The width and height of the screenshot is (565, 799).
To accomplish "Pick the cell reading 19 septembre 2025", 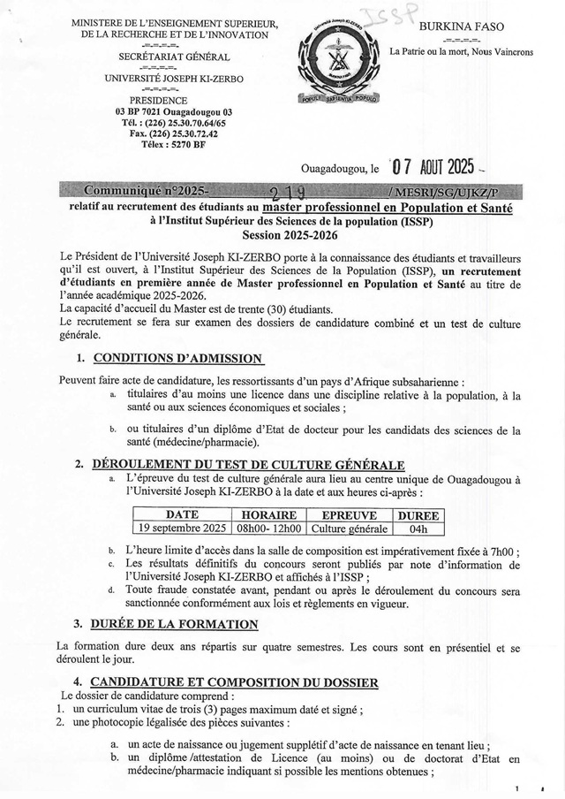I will tap(183, 529).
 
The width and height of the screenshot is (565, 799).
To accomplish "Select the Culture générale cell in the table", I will tap(350, 529).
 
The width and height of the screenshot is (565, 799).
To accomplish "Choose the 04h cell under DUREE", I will tap(418, 529).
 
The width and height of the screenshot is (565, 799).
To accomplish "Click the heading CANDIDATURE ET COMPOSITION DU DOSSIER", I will tap(235, 682).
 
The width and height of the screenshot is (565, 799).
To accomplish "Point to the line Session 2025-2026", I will tap(285, 236).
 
